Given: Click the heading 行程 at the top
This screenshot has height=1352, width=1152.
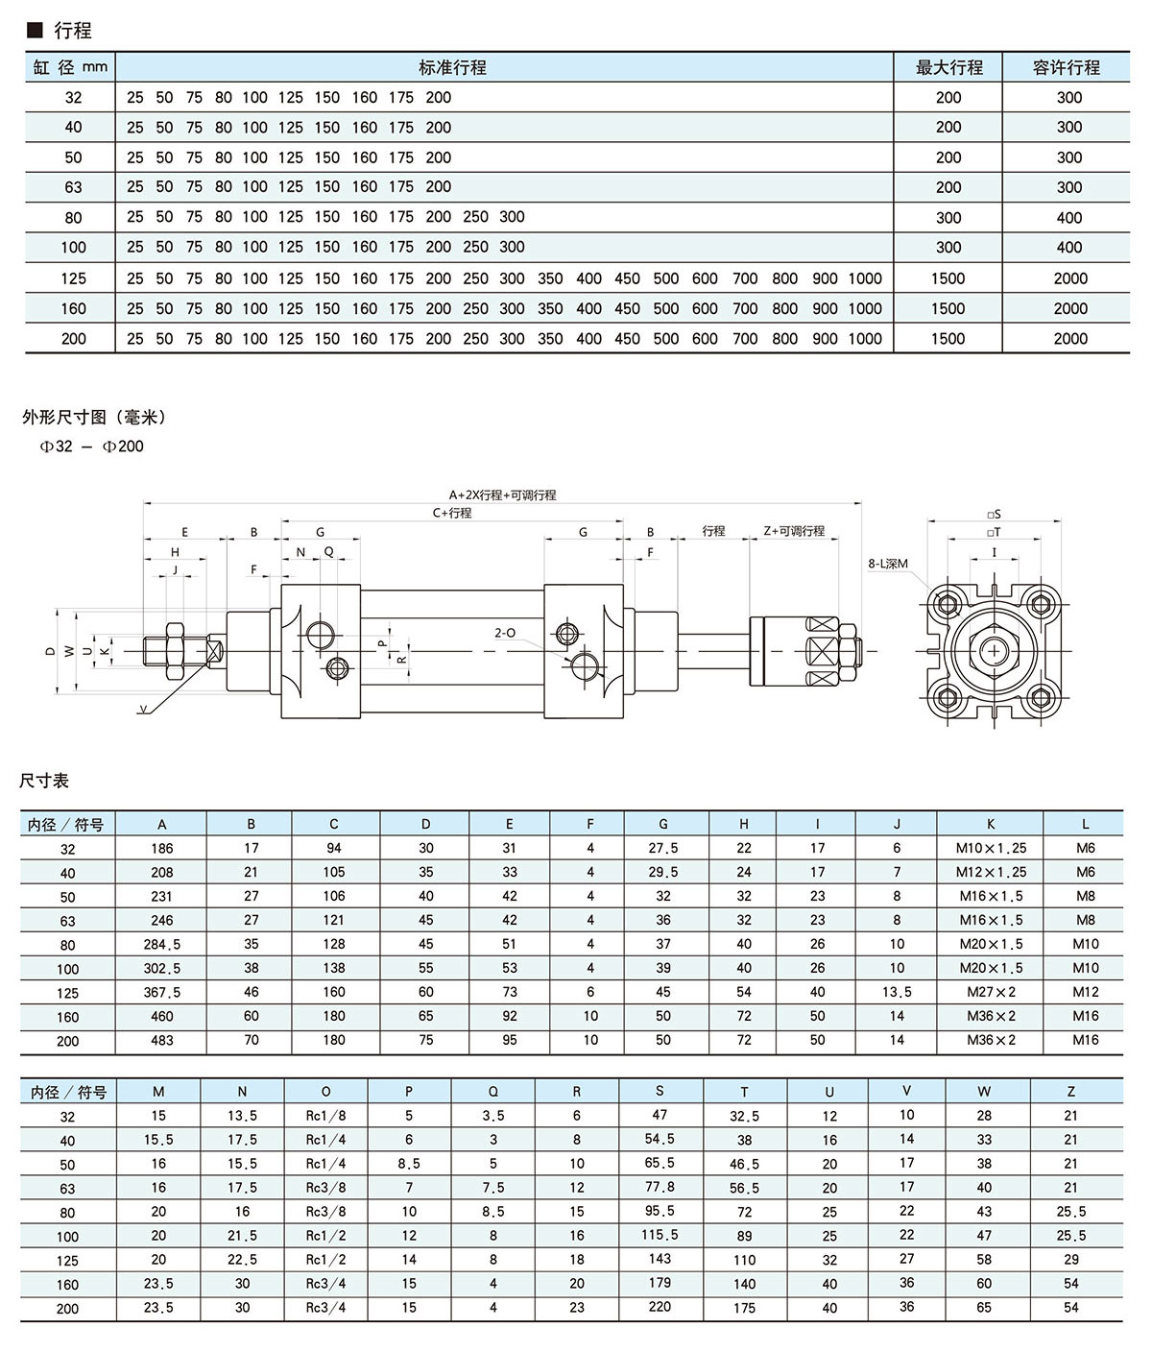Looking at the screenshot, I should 72,31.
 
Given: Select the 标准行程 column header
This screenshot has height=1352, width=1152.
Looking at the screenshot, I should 452,67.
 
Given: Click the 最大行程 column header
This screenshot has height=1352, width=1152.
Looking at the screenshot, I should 948,67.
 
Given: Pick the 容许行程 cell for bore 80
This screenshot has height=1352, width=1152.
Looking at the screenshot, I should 1069,218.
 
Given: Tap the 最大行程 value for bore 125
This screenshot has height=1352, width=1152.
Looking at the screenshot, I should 948,278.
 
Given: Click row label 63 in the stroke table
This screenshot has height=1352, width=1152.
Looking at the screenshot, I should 73,187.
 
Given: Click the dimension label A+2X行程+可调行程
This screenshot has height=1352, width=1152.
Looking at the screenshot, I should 502,495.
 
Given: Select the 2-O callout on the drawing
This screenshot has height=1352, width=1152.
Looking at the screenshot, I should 505,633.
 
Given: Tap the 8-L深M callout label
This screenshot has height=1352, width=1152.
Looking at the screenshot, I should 888,564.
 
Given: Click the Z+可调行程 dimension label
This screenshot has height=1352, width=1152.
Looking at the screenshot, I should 794,531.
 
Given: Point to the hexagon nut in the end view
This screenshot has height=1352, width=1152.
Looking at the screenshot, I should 994,652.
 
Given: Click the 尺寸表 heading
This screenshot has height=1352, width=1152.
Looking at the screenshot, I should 44,781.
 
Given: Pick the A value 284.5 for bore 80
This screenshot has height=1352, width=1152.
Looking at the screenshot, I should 162,945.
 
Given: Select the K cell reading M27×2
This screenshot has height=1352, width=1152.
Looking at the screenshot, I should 991,992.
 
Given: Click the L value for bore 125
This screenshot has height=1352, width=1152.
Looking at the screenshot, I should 1086,992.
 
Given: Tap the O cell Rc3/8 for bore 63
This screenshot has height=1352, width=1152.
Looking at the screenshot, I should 325,1188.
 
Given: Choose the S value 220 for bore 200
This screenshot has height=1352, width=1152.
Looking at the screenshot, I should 660,1307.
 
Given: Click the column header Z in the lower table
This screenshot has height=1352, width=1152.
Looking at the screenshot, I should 1070,1092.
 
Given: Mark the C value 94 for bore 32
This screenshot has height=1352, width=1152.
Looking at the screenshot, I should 334,849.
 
